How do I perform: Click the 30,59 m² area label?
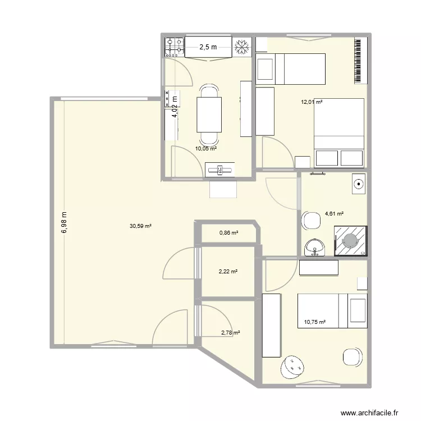coord(140,226)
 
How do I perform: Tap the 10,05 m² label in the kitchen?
coord(206,149)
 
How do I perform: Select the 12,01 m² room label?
coord(312,102)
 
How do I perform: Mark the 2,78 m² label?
coord(231,333)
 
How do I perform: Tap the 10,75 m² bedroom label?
coord(314,322)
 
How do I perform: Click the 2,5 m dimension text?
coord(208,48)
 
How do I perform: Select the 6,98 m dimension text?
coord(64,223)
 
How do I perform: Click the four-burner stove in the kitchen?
coord(174,47)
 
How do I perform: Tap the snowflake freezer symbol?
coord(242,47)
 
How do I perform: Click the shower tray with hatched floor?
coord(350,240)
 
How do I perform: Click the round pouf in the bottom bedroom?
coord(292,368)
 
